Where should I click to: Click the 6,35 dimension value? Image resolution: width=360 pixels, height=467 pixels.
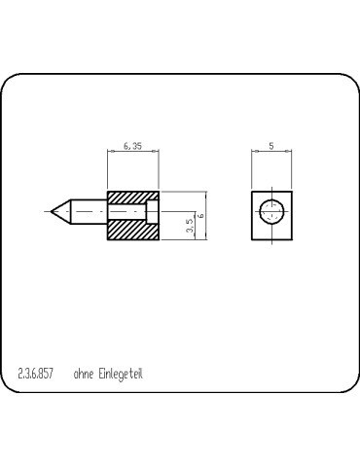132,145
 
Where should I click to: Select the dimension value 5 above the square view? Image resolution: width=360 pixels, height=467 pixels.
270,145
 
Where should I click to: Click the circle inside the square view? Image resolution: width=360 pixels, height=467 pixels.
271,211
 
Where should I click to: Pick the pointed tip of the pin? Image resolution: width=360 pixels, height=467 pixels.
49,210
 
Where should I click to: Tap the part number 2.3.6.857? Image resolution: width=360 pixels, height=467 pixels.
36,373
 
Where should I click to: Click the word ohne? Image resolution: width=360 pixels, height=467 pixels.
85,373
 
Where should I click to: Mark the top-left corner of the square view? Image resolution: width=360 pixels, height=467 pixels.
252,192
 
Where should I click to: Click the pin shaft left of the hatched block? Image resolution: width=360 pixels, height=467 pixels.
88,210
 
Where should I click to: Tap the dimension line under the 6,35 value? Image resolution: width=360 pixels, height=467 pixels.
132,152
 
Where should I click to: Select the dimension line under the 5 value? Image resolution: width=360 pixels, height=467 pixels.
271,152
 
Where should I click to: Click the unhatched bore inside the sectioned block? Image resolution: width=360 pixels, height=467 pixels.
150,211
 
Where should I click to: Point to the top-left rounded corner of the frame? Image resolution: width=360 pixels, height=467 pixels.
11,82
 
